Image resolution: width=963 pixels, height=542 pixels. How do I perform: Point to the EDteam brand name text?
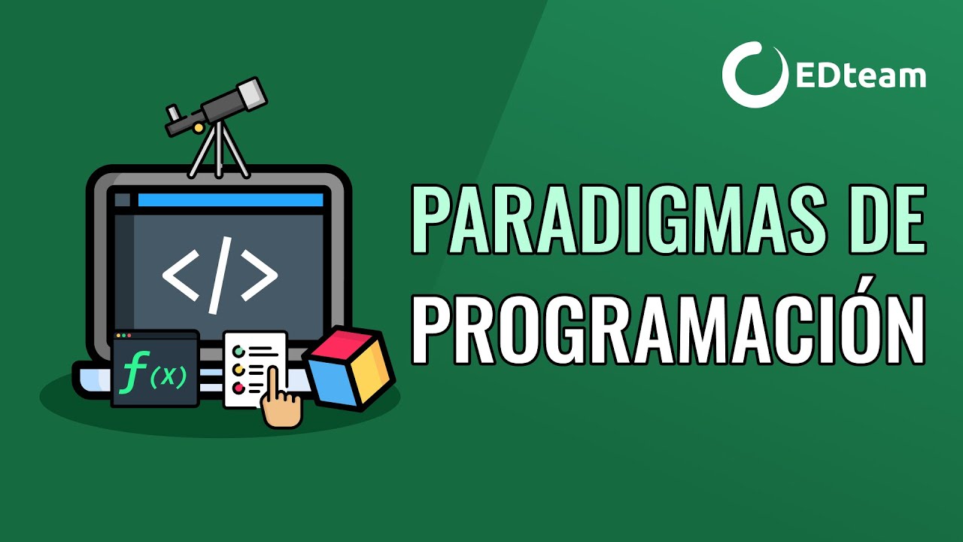[x=860, y=76]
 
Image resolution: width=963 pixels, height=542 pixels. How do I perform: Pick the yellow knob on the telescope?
[x=199, y=129]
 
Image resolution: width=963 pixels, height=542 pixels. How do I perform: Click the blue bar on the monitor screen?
[x=230, y=200]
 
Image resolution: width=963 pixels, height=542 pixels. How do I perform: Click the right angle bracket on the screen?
[x=259, y=276]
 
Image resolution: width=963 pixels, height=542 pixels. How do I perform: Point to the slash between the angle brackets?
[x=220, y=276]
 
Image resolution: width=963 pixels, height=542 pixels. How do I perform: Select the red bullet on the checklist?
[x=239, y=388]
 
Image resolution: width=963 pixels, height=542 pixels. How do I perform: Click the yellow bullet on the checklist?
[x=239, y=370]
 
